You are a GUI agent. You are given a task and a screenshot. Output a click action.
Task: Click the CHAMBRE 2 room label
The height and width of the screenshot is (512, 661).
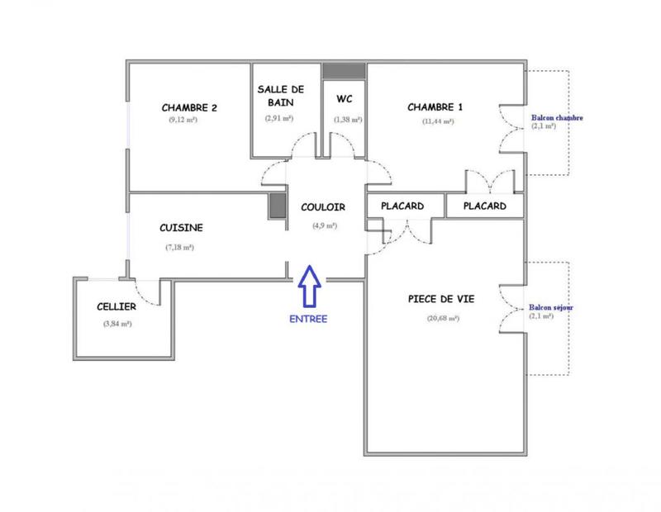pyautogui.click(x=189, y=107)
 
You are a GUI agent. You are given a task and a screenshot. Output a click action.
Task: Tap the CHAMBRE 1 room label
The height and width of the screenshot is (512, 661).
pyautogui.click(x=435, y=107)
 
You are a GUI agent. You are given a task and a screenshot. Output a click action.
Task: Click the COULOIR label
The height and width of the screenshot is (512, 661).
pyautogui.click(x=323, y=207)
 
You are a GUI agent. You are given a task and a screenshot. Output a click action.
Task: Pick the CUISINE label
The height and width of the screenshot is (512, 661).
pyautogui.click(x=182, y=228)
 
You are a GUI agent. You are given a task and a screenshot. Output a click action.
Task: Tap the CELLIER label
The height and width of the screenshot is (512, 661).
pyautogui.click(x=116, y=306)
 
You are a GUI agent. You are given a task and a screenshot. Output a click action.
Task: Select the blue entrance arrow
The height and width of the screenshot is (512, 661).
pyautogui.click(x=310, y=286)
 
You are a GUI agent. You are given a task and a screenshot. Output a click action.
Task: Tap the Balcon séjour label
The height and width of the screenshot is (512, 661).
pyautogui.click(x=553, y=307)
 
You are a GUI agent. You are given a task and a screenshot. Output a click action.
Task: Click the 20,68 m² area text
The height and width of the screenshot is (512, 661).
pyautogui.click(x=443, y=319)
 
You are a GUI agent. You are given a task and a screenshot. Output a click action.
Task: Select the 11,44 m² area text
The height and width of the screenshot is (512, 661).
pyautogui.click(x=438, y=121)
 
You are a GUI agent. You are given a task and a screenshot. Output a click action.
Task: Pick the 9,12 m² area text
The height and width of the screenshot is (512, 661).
pyautogui.click(x=182, y=121)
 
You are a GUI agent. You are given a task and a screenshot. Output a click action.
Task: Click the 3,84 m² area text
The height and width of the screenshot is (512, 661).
pyautogui.click(x=116, y=324)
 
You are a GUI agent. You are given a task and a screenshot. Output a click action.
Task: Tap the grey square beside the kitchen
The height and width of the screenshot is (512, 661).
pyautogui.click(x=277, y=207)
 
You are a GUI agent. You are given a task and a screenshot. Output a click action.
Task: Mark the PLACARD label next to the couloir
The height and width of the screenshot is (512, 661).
pyautogui.click(x=402, y=206)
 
